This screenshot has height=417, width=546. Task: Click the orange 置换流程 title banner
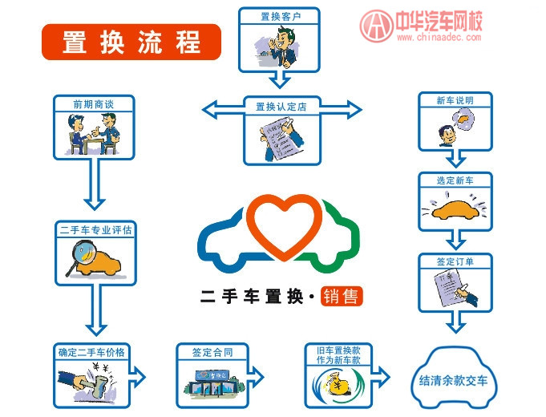pyautogui.click(x=131, y=42)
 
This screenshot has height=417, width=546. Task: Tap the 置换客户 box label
pyautogui.click(x=278, y=15)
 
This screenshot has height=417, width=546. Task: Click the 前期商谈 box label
pyautogui.click(x=93, y=103)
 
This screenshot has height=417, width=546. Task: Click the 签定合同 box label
pyautogui.click(x=212, y=352)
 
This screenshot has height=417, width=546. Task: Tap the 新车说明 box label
pyautogui.click(x=455, y=101)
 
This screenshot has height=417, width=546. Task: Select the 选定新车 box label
pyautogui.click(x=455, y=180)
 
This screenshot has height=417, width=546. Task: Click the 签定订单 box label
pyautogui.click(x=455, y=261)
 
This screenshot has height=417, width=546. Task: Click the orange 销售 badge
pyautogui.click(x=341, y=296)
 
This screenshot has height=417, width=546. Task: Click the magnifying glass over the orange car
pyautogui.click(x=81, y=257)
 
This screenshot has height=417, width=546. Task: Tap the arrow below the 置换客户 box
pyautogui.click(x=278, y=79)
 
